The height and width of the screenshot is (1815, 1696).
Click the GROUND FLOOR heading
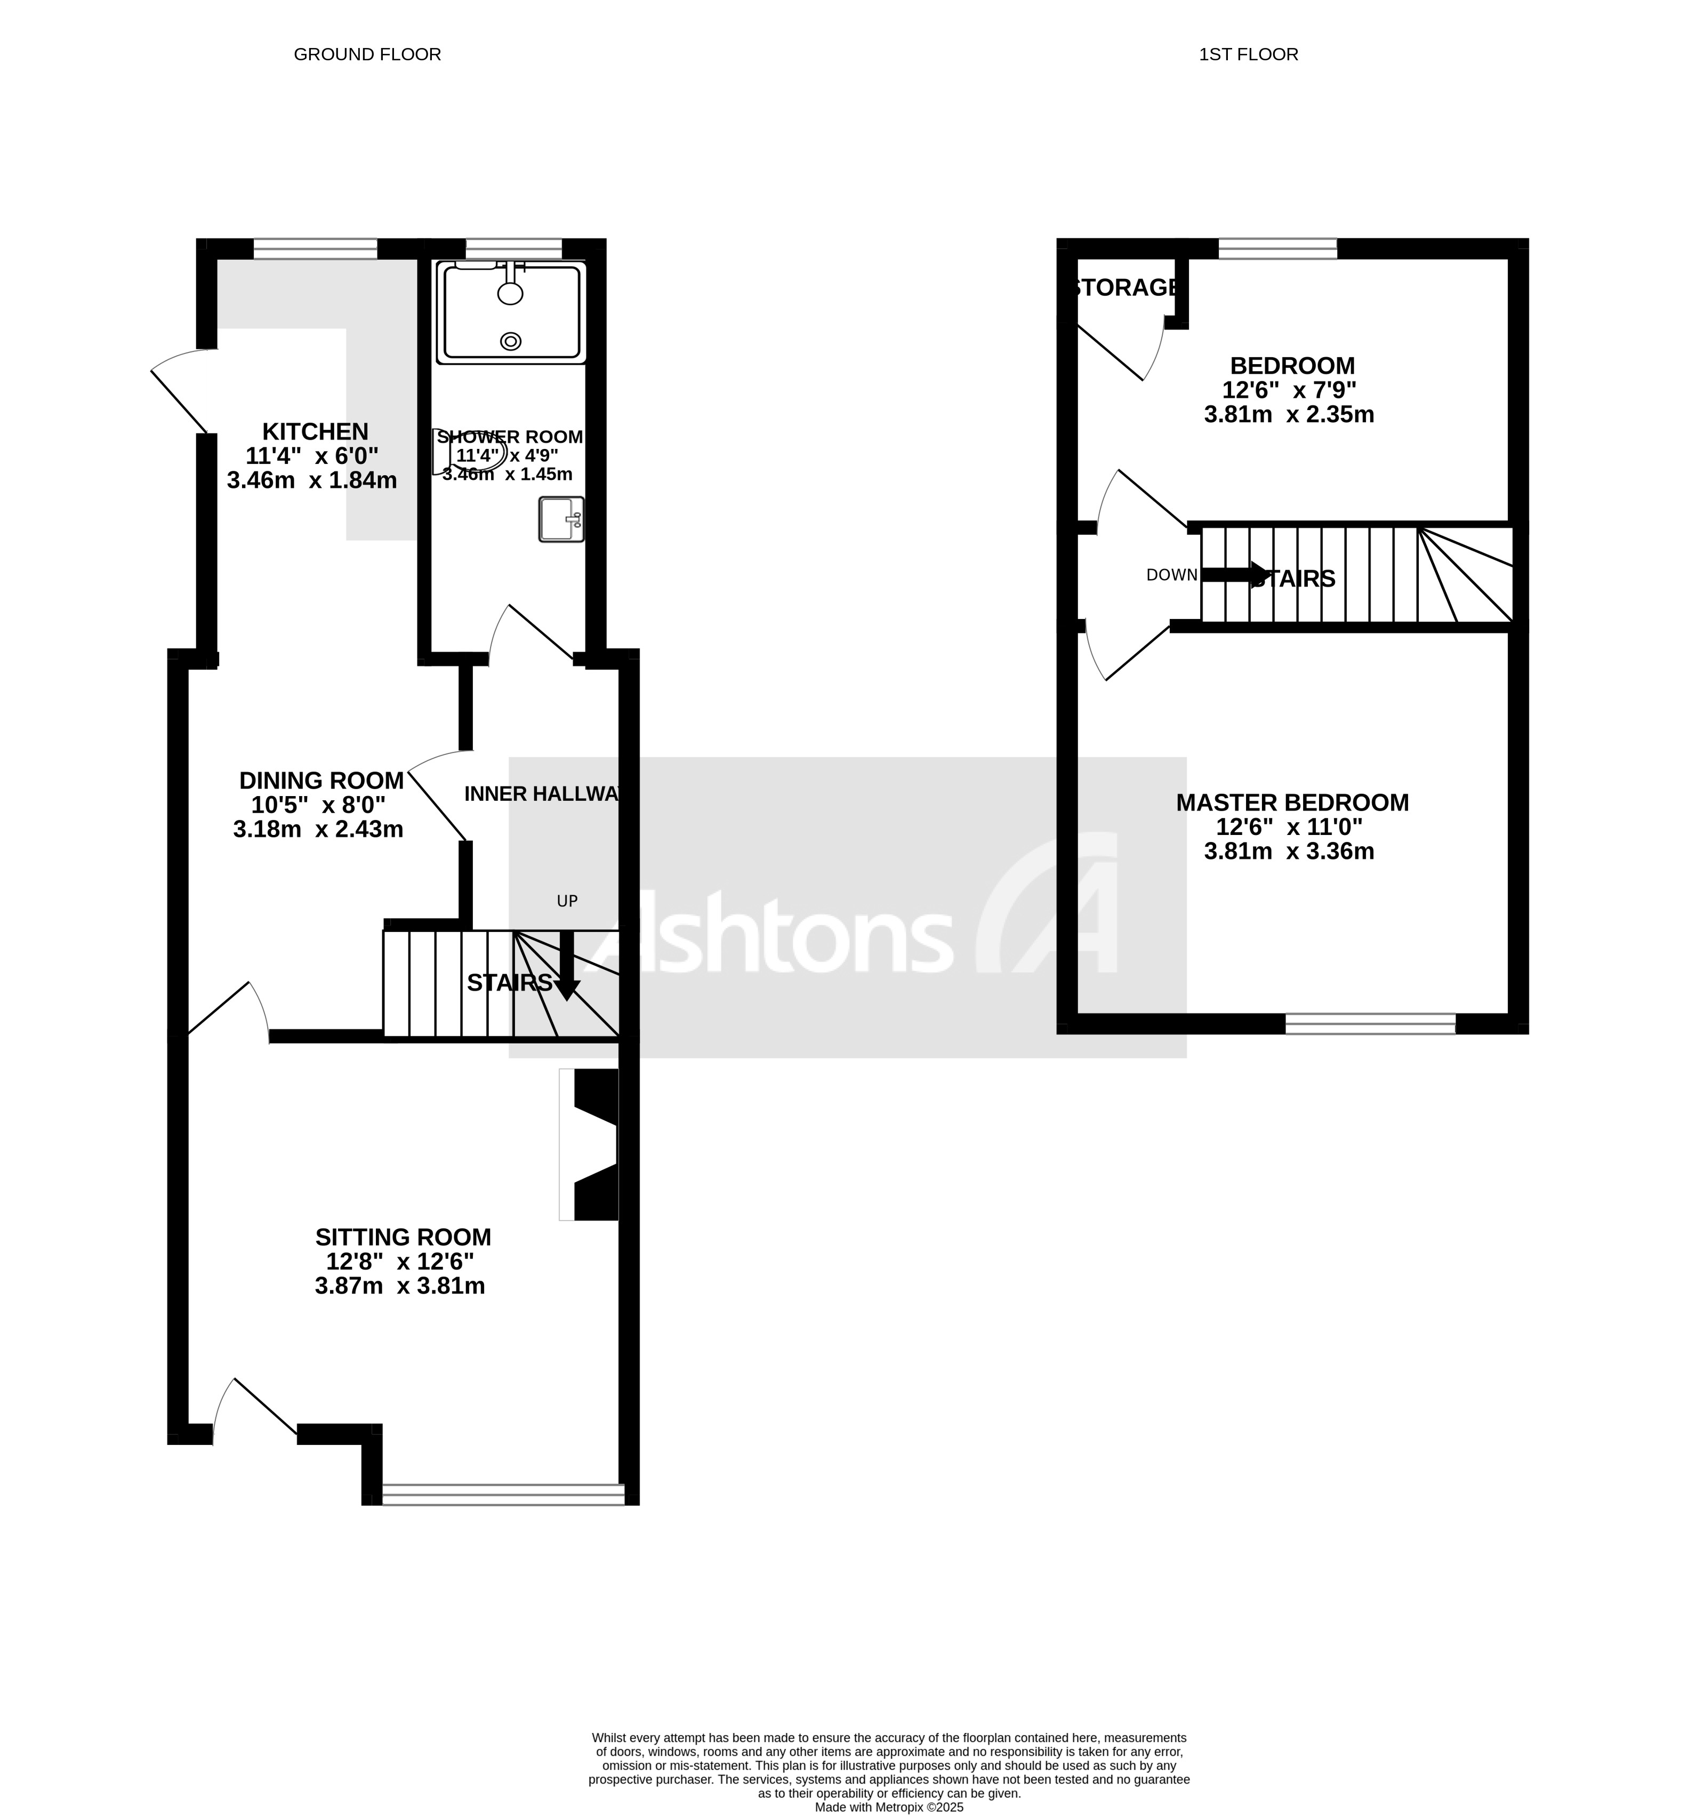click(x=367, y=55)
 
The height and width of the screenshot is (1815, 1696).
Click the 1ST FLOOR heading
click(x=1248, y=55)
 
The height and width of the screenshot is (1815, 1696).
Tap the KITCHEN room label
click(x=315, y=432)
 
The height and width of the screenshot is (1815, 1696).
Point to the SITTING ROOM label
click(x=403, y=1237)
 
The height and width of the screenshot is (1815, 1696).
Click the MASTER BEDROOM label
click(x=1292, y=802)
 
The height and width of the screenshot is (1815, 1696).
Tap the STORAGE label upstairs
click(x=1124, y=287)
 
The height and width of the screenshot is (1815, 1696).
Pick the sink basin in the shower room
click(x=560, y=519)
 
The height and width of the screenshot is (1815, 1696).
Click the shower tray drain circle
click(x=510, y=341)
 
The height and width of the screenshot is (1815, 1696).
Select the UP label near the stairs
click(x=567, y=901)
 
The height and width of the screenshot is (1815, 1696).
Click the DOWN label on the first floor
click(x=1171, y=575)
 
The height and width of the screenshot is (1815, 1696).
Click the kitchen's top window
click(x=315, y=248)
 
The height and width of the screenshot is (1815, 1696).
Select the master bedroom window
click(x=1369, y=1023)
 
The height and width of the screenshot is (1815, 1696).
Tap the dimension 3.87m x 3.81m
click(x=400, y=1287)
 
